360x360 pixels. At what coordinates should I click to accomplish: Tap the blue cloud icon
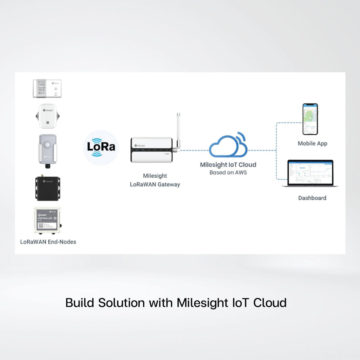228,145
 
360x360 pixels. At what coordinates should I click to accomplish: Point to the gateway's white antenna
177,129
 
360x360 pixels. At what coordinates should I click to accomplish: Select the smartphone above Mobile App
310,119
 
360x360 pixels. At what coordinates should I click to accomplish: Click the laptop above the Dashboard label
310,174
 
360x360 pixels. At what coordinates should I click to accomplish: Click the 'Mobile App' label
312,143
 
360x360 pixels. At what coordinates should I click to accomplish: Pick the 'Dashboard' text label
312,198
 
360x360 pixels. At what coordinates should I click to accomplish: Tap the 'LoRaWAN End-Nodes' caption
48,242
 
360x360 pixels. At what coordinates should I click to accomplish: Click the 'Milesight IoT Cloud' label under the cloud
228,165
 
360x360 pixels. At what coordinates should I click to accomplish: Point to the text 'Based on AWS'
228,172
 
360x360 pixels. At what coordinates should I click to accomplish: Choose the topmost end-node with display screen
47,89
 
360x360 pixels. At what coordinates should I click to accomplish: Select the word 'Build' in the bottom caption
80,303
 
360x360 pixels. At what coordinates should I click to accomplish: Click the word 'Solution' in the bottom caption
121,303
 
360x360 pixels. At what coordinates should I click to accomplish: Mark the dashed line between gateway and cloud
194,150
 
